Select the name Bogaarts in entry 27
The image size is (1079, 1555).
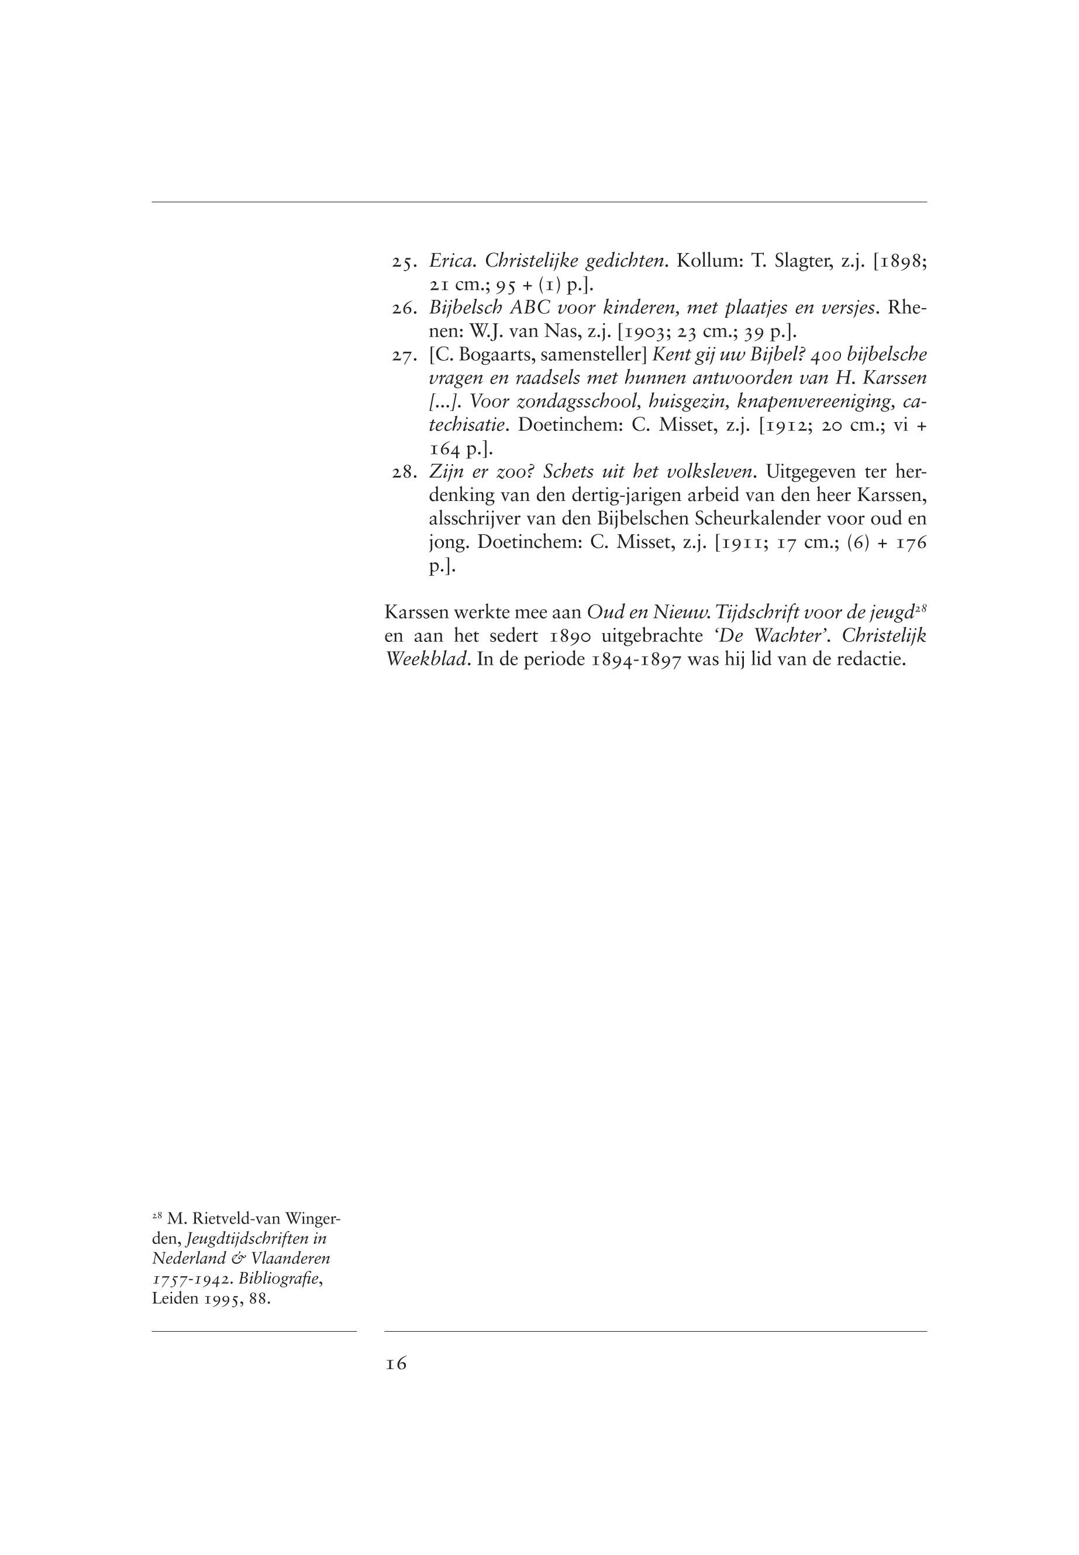(x=491, y=355)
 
